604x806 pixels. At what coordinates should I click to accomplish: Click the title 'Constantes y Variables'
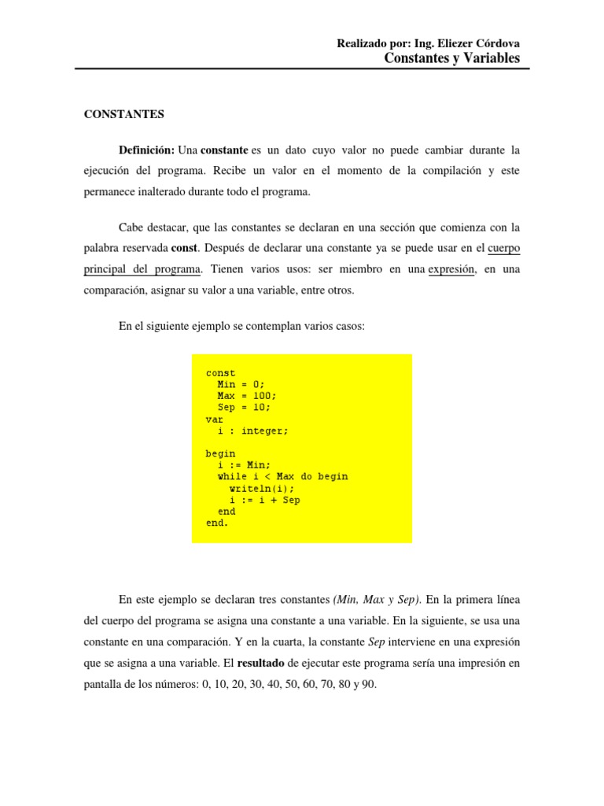click(452, 58)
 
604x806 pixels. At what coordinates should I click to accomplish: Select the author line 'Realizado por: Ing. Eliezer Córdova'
click(428, 43)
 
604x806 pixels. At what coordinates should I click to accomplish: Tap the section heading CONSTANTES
click(124, 114)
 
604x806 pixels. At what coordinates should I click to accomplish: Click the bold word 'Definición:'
click(147, 150)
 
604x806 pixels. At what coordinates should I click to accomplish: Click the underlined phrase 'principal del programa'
click(142, 269)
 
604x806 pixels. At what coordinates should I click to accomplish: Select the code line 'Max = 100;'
click(247, 396)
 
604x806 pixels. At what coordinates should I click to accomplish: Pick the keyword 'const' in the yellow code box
click(220, 373)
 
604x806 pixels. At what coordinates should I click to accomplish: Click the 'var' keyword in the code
click(215, 420)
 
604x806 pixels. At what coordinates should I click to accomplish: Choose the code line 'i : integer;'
click(253, 431)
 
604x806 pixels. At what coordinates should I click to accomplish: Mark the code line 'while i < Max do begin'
click(282, 477)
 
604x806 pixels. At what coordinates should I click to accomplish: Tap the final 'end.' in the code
click(217, 523)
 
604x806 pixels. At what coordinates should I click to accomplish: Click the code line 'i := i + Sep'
click(264, 500)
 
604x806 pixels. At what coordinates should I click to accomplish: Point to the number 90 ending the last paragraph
click(370, 685)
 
